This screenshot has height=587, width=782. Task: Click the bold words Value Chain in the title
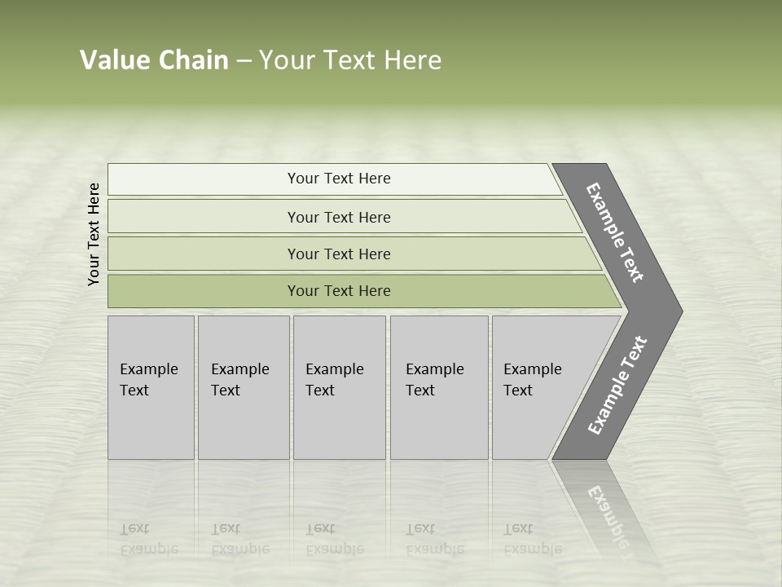click(x=154, y=60)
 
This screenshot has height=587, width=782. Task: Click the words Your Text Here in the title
click(x=350, y=60)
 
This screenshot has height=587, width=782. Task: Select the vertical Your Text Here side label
click(x=94, y=234)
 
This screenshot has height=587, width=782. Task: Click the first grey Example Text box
click(x=151, y=387)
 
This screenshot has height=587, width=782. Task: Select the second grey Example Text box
click(x=244, y=387)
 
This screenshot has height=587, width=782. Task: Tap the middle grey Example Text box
click(x=339, y=387)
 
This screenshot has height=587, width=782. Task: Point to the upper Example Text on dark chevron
click(x=615, y=232)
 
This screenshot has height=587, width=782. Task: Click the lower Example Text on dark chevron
click(x=617, y=386)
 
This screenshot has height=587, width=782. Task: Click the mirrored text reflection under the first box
click(x=149, y=539)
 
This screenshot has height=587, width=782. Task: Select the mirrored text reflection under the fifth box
click(x=532, y=539)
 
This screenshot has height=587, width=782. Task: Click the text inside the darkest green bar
click(x=339, y=291)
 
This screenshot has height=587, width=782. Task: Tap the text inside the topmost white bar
click(x=339, y=179)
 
